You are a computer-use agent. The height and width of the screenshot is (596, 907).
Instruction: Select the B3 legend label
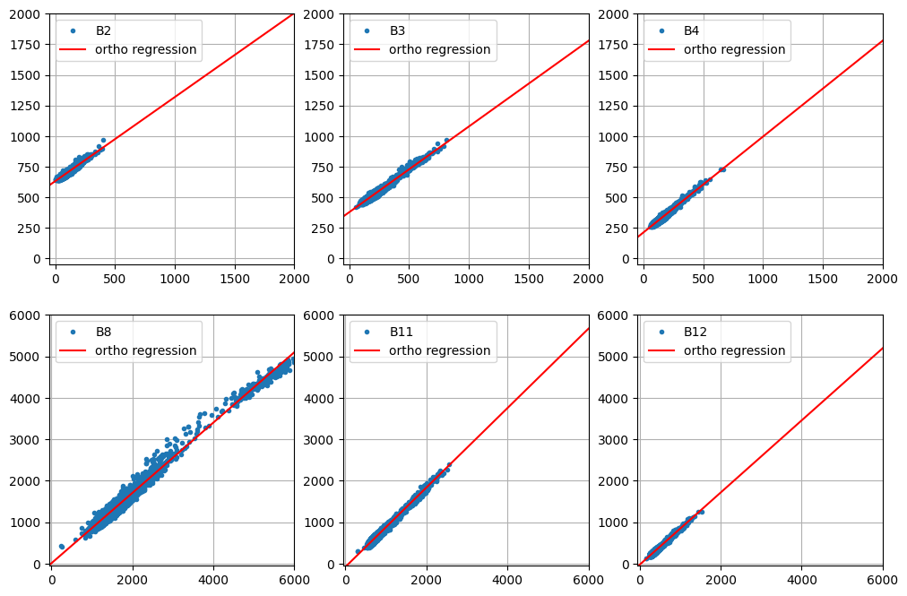397,30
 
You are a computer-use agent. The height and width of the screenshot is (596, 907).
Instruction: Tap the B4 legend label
691,30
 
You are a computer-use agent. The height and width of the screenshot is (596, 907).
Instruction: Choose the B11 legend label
401,332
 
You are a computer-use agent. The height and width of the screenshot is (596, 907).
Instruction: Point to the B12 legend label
695,332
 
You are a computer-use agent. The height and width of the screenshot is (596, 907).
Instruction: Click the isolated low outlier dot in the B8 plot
61,546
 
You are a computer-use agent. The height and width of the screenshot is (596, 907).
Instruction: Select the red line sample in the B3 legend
366,49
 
